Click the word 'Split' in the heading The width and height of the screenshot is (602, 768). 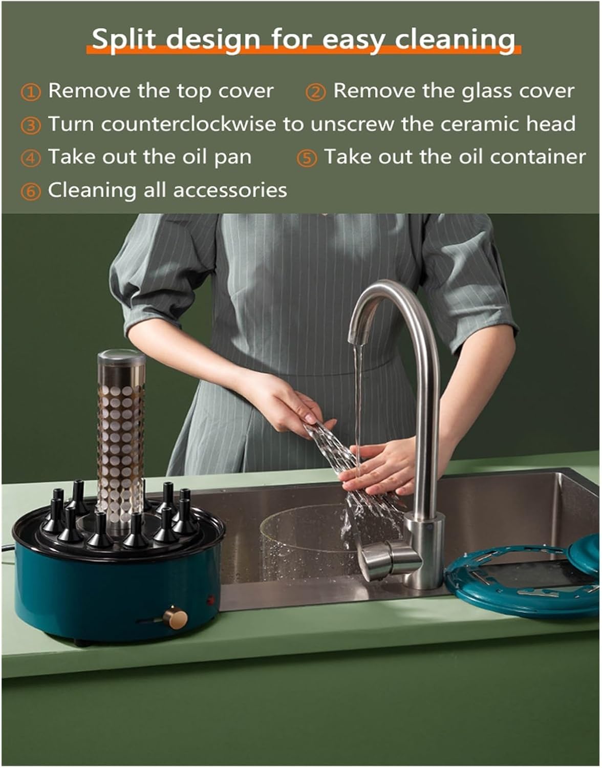[123, 39]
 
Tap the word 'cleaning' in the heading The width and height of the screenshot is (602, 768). [455, 39]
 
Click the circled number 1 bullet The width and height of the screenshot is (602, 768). [31, 92]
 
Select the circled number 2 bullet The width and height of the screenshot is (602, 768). [315, 92]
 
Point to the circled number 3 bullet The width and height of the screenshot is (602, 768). [31, 125]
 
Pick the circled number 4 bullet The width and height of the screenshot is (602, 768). [31, 158]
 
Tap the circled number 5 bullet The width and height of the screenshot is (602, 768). [307, 158]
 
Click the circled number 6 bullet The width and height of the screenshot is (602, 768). [31, 191]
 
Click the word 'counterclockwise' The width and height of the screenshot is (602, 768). [188, 124]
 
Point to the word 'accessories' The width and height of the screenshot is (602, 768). [230, 190]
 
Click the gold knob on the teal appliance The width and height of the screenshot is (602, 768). [175, 617]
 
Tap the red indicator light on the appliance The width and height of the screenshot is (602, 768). [211, 600]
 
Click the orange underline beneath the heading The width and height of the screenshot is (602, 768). [304, 50]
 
